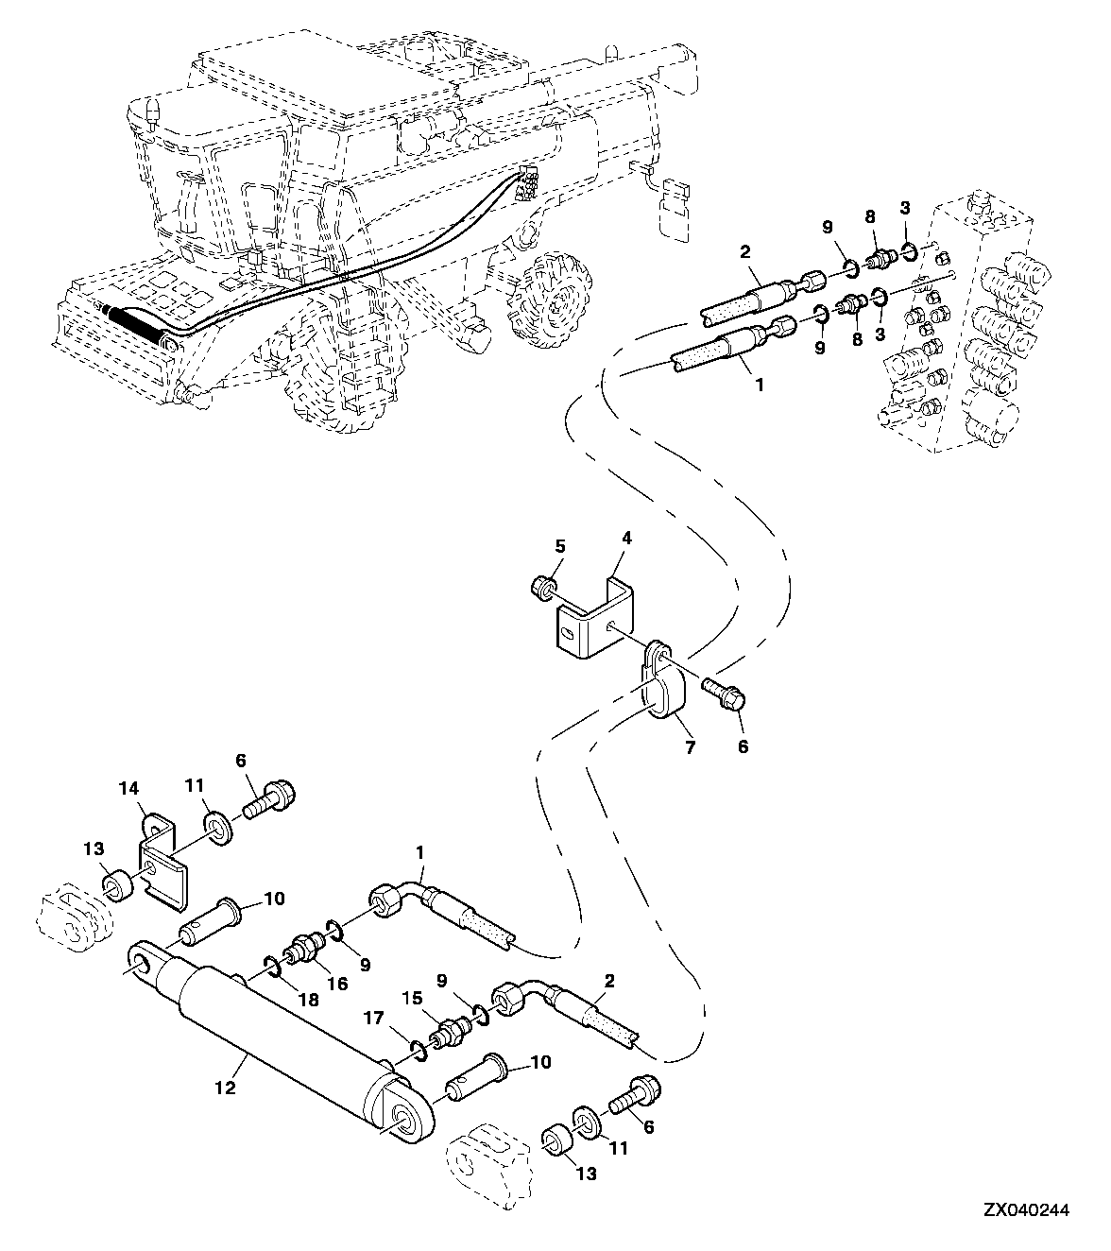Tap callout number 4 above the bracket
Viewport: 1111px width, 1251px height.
pyautogui.click(x=626, y=538)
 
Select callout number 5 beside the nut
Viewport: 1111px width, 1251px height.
pyautogui.click(x=560, y=546)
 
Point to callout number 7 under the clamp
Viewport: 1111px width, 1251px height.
pyautogui.click(x=691, y=747)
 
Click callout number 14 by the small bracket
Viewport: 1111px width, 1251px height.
pyautogui.click(x=129, y=789)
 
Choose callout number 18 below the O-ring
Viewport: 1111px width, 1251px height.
pyautogui.click(x=309, y=1000)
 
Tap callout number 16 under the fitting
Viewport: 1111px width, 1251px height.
pyautogui.click(x=337, y=983)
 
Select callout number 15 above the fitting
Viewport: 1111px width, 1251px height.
pyautogui.click(x=413, y=998)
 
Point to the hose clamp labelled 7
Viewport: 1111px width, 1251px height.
pyautogui.click(x=659, y=681)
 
